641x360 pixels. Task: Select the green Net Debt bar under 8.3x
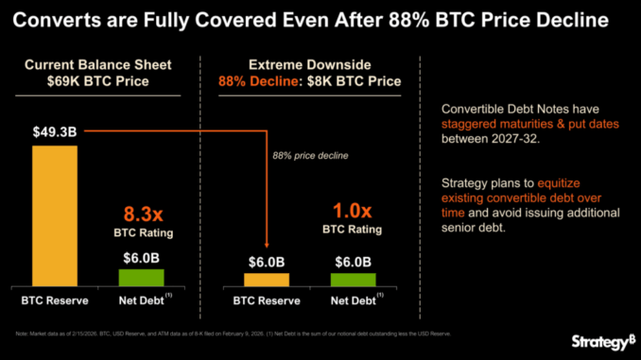[141, 277]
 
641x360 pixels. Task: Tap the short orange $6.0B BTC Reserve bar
[268, 279]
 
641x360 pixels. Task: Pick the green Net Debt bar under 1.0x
[353, 279]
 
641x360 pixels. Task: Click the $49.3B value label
[56, 133]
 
